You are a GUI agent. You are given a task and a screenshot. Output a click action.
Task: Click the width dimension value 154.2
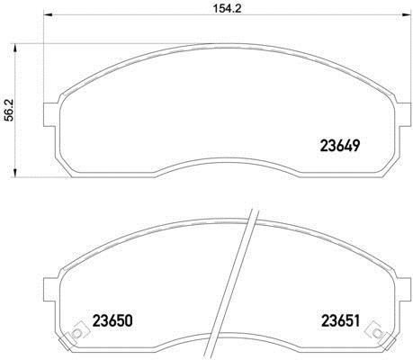[228, 9]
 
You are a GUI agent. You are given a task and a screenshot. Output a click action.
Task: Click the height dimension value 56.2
[10, 111]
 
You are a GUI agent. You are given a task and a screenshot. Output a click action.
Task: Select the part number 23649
[340, 146]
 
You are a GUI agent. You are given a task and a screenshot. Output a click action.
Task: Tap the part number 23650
[112, 320]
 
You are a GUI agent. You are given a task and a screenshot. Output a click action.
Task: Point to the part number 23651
[340, 320]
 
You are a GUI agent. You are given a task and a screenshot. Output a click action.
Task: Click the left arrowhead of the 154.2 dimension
[49, 15]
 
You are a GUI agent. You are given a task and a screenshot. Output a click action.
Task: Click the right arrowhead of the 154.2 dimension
[406, 15]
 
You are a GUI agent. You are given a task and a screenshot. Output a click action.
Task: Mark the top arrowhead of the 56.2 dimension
[14, 48]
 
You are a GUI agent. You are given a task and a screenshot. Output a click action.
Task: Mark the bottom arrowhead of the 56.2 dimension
[14, 173]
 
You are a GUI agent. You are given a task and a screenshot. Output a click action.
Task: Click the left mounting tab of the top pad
[49, 114]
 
